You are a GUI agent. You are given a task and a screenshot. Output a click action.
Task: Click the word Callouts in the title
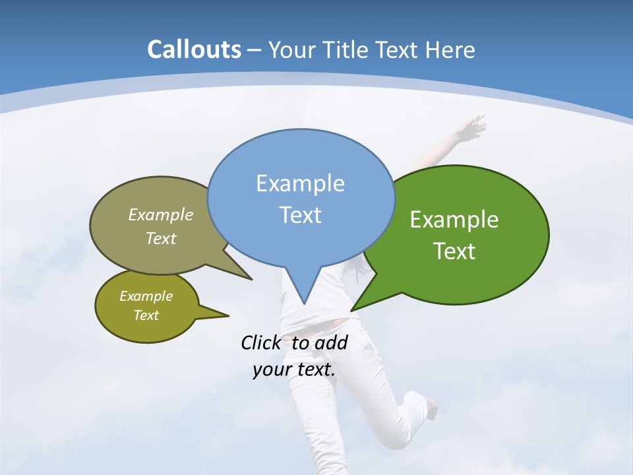pos(194,50)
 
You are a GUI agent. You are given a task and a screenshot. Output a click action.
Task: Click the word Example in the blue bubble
pos(300,183)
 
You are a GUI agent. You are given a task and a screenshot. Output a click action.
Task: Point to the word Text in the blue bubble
pos(300,215)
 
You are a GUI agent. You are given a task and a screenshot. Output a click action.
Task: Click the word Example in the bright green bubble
pos(454,220)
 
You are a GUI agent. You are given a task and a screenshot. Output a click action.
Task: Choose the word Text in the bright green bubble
pos(454,251)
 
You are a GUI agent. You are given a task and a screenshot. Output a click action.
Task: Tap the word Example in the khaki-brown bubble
pos(161,215)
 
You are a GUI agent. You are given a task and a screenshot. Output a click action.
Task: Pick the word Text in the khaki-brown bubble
pos(161,238)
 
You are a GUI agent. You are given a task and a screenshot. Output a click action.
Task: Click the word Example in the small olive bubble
pos(146,296)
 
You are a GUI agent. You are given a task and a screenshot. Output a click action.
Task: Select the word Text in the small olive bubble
pos(146,315)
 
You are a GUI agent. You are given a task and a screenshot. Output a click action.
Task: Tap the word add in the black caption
pos(330,342)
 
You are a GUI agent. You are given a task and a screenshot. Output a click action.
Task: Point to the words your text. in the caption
pos(293,369)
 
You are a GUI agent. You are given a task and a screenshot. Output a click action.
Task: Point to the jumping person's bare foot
pos(431,409)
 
